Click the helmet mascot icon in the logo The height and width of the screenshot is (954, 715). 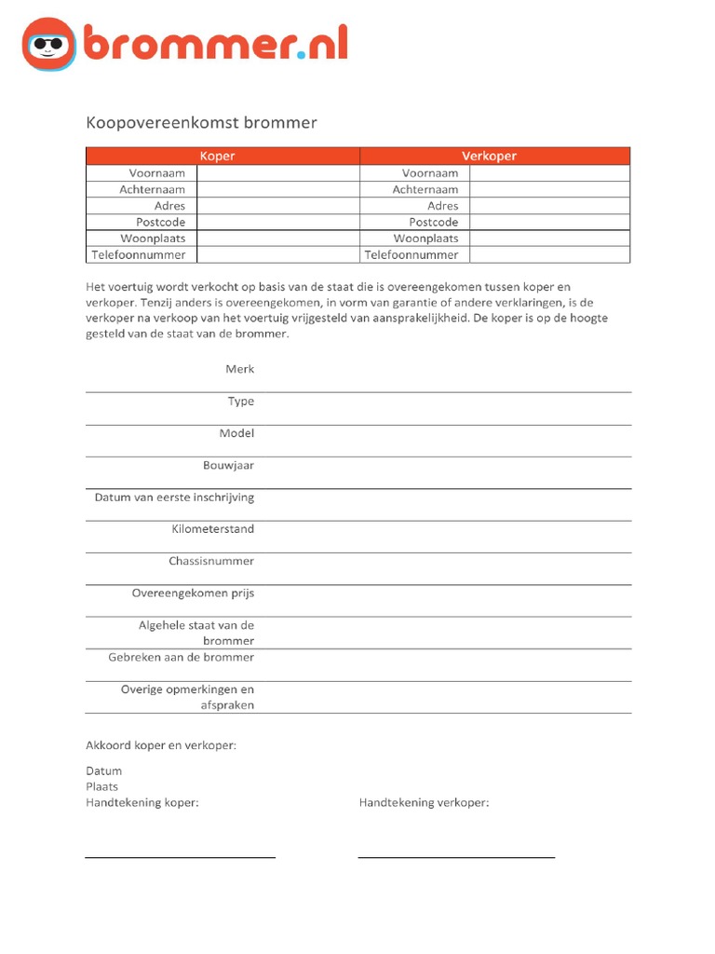tap(48, 44)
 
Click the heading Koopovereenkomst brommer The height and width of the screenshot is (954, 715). tap(201, 123)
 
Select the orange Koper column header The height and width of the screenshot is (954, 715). tap(223, 157)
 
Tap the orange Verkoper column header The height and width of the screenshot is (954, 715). tap(494, 157)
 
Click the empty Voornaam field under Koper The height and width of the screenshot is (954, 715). tap(277, 173)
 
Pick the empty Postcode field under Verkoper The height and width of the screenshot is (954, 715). tap(549, 223)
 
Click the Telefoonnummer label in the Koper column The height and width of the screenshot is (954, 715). tap(139, 254)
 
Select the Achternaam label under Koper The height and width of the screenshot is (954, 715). tap(152, 190)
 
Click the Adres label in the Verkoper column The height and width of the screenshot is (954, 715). tap(442, 206)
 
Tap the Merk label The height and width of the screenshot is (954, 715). tap(239, 370)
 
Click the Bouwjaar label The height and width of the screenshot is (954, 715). tap(228, 466)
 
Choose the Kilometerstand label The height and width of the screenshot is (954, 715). tap(212, 529)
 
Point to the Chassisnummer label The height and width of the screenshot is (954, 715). tap(211, 562)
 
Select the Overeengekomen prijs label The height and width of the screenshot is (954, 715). tap(193, 593)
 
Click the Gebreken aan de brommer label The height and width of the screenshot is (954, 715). tap(181, 658)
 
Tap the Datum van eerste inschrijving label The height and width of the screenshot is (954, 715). tap(174, 497)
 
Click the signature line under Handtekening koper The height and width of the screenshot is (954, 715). tap(180, 855)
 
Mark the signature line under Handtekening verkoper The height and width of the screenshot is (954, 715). tap(456, 855)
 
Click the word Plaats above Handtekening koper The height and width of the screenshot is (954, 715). tap(102, 787)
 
